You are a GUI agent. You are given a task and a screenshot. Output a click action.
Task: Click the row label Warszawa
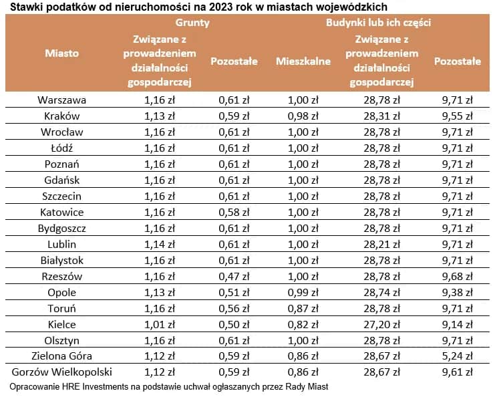point(62,100)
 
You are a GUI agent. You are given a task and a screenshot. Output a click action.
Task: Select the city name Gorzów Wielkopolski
point(62,372)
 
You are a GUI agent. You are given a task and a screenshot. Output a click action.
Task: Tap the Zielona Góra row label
point(62,356)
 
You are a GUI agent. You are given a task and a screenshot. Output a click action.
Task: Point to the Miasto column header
point(62,53)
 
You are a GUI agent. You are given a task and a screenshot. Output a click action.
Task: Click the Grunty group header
point(192,22)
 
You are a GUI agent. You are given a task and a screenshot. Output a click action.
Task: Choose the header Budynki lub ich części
point(378,22)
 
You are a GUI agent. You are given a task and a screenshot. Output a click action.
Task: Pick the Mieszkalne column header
point(303,61)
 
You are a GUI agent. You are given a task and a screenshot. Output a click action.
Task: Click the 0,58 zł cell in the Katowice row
point(234,213)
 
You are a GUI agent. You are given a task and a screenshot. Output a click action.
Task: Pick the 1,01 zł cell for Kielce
point(160,324)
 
